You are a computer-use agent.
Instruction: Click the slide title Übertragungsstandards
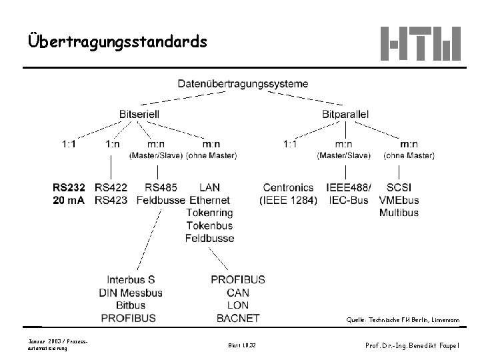(118, 42)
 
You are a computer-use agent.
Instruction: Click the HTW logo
(420, 43)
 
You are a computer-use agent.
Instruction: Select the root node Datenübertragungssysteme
(243, 84)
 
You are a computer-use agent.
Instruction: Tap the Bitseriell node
(139, 114)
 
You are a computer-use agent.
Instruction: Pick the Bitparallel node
(345, 114)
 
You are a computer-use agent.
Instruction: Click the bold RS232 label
(69, 188)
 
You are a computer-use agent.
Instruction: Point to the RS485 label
(161, 188)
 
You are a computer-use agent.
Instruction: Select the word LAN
(209, 188)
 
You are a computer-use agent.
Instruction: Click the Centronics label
(289, 188)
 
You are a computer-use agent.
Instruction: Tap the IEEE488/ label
(349, 188)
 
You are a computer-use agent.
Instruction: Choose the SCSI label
(399, 188)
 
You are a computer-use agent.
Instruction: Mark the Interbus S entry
(131, 280)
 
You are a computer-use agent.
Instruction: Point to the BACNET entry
(238, 318)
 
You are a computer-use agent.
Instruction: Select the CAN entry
(238, 293)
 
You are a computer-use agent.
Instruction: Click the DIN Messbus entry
(131, 293)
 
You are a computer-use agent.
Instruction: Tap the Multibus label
(399, 213)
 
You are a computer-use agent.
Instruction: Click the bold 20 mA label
(69, 200)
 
